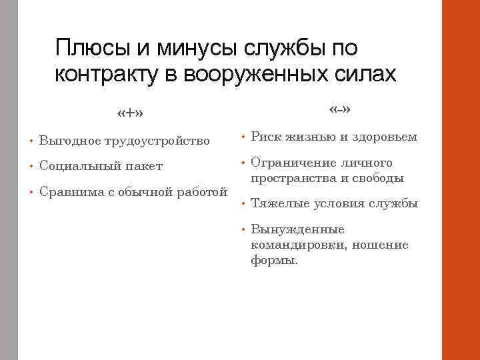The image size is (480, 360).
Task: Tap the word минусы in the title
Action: [x=196, y=48]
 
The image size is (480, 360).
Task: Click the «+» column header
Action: [x=129, y=113]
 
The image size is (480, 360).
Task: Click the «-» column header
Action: [x=340, y=109]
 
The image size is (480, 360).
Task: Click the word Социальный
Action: [x=77, y=165]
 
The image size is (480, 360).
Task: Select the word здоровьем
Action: [x=385, y=137]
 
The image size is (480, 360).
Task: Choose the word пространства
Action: [x=291, y=178]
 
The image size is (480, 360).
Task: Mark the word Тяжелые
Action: [x=277, y=203]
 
